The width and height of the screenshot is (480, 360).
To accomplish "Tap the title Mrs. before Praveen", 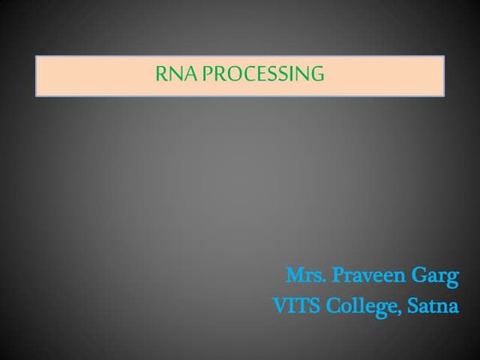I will [x=302, y=277].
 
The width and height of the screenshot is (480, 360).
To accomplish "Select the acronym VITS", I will [x=293, y=305].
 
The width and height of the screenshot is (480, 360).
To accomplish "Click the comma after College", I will [x=389, y=312].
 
